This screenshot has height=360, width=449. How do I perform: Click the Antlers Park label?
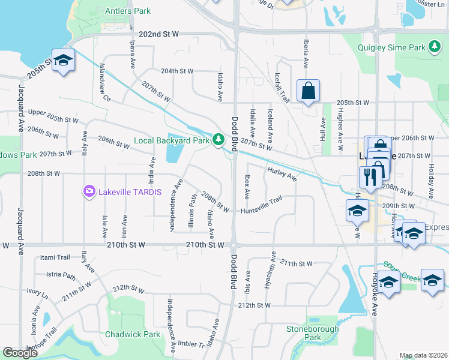pyautogui.click(x=128, y=11)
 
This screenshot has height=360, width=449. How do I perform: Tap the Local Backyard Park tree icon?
pyautogui.click(x=218, y=140)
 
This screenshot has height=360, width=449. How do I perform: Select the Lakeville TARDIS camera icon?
pyautogui.click(x=89, y=191)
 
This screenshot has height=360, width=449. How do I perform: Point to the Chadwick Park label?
pyautogui.click(x=133, y=334)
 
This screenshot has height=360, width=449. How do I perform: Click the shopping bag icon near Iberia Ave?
pyautogui.click(x=308, y=91)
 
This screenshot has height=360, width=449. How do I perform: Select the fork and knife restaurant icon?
pyautogui.click(x=368, y=177)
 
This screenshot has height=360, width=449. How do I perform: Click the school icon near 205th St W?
pyautogui.click(x=63, y=60)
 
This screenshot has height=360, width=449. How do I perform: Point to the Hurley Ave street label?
pyautogui.click(x=283, y=174)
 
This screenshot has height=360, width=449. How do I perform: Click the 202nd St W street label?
pyautogui.click(x=158, y=34)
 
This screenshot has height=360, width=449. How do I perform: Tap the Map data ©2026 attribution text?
pyautogui.click(x=423, y=355)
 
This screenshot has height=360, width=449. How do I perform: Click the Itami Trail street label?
pyautogui.click(x=55, y=257)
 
